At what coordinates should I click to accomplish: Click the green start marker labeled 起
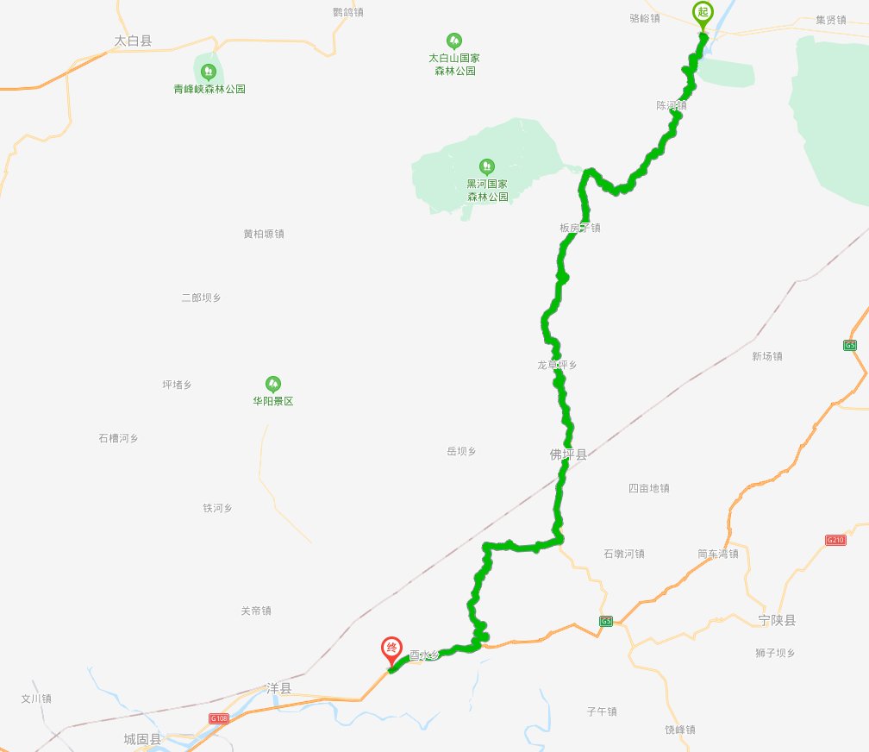pyautogui.click(x=703, y=13)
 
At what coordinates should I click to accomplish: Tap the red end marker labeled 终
pyautogui.click(x=391, y=647)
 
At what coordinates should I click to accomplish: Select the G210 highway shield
pyautogui.click(x=835, y=540)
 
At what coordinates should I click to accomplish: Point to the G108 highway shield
pyautogui.click(x=219, y=718)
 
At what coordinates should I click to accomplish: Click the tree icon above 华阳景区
pyautogui.click(x=272, y=383)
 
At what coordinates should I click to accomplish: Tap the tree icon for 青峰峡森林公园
pyautogui.click(x=207, y=71)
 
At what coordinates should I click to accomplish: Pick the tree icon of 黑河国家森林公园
pyautogui.click(x=487, y=165)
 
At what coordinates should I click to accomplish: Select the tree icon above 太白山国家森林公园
pyautogui.click(x=453, y=40)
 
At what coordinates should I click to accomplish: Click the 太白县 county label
pyautogui.click(x=133, y=41)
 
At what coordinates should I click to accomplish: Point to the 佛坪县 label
pyautogui.click(x=568, y=454)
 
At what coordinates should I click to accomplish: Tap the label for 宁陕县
pyautogui.click(x=778, y=620)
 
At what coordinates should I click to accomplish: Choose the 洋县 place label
pyautogui.click(x=279, y=689)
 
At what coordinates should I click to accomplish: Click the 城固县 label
pyautogui.click(x=142, y=739)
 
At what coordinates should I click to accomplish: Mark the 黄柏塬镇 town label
pyautogui.click(x=264, y=234)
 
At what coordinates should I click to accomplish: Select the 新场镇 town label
pyautogui.click(x=766, y=356)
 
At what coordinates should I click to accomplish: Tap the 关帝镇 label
pyautogui.click(x=256, y=611)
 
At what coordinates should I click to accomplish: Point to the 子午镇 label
pyautogui.click(x=602, y=711)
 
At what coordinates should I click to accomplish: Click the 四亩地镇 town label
pyautogui.click(x=649, y=488)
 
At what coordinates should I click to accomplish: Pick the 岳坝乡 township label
pyautogui.click(x=461, y=451)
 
